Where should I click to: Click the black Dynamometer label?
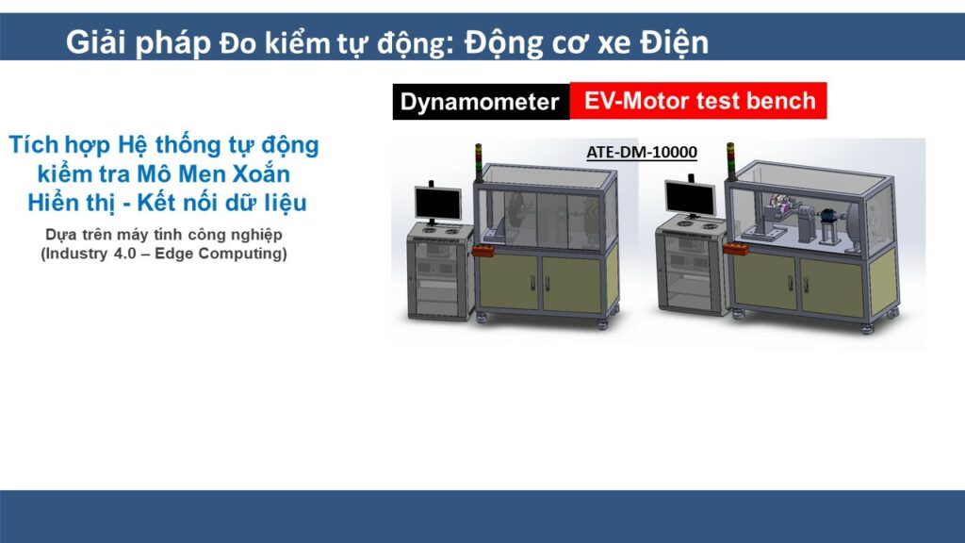(x=481, y=102)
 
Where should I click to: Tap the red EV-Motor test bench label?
(x=698, y=100)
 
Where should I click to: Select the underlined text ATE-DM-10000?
(x=641, y=152)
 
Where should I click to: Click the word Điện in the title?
(x=674, y=43)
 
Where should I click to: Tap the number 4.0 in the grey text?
(x=124, y=254)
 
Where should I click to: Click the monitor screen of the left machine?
(x=438, y=204)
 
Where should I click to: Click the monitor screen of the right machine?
(x=690, y=198)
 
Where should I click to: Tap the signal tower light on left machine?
(x=478, y=162)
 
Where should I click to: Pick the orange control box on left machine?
(x=483, y=250)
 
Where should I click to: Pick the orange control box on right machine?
(x=735, y=248)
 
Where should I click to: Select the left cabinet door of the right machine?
(x=765, y=283)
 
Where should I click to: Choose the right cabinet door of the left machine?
(x=572, y=285)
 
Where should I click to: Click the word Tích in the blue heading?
(x=34, y=145)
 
